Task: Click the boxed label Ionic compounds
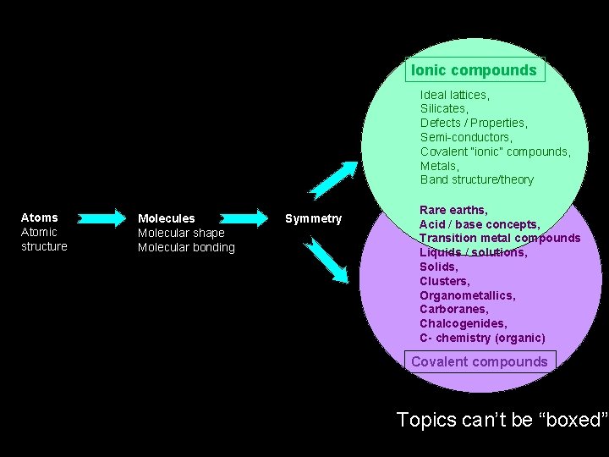(475, 70)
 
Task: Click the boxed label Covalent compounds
(479, 361)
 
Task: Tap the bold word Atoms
(40, 217)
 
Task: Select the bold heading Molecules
(167, 218)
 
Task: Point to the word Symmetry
(313, 218)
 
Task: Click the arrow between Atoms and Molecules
(103, 217)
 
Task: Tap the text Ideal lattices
(454, 95)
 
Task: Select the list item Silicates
(444, 108)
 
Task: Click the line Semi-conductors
(466, 137)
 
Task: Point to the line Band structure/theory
(477, 179)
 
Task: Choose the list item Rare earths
(453, 210)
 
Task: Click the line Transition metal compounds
(500, 238)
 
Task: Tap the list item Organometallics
(467, 295)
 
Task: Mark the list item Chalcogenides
(464, 323)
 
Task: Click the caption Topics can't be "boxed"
(502, 420)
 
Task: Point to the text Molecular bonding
(186, 247)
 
